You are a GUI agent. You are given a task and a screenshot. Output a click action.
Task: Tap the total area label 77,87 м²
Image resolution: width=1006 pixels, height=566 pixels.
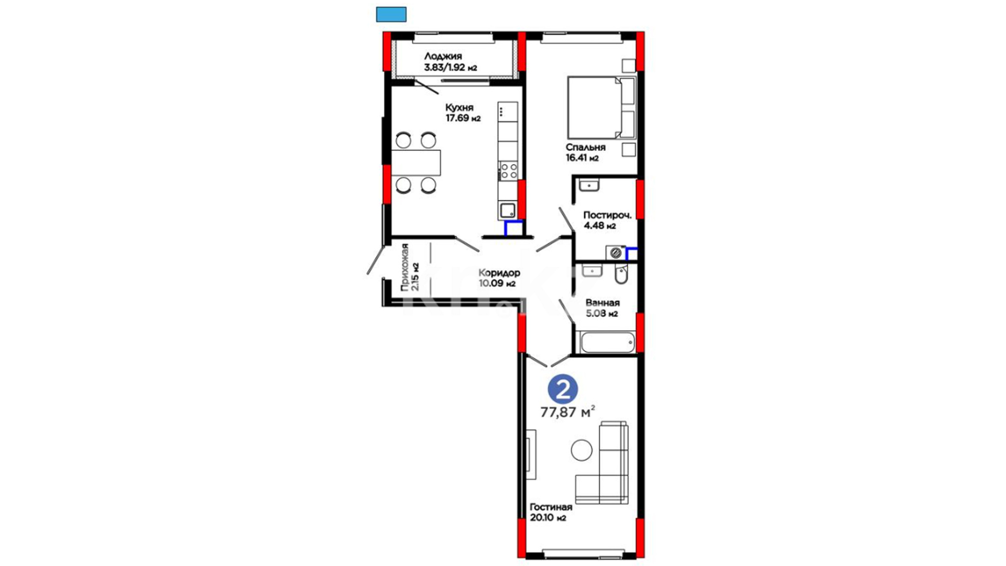coord(567,412)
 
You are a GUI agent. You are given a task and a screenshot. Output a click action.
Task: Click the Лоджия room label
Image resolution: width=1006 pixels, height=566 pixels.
coord(443,56)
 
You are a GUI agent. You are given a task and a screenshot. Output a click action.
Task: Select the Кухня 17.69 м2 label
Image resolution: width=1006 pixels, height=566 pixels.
coord(463,113)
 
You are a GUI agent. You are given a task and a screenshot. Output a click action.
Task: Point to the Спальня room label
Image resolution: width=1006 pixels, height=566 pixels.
coord(585,147)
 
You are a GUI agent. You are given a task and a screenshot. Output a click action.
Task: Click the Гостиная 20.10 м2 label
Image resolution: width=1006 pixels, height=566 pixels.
coord(551,513)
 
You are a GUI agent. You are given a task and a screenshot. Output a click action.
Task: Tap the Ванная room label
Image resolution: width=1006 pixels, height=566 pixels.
coord(603,302)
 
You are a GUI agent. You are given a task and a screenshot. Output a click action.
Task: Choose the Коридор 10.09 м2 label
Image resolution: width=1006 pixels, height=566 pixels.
coord(499,278)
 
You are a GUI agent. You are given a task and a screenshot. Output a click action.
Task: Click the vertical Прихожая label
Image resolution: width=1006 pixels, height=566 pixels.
coord(404,268)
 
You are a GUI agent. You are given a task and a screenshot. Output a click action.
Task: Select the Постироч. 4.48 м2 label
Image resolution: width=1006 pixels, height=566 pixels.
coord(607,220)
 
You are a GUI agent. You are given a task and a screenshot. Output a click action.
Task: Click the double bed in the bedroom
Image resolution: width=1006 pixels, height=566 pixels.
coord(602,107)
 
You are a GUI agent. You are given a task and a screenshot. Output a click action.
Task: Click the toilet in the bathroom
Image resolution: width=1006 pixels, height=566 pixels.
coord(621,274)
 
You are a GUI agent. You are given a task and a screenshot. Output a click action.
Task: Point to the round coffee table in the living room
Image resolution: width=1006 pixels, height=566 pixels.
coord(581,450)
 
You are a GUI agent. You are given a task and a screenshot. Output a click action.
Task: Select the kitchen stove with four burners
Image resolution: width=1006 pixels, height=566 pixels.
coord(508,171)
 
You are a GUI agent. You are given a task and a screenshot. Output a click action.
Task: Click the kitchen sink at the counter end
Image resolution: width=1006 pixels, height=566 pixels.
coord(508,211)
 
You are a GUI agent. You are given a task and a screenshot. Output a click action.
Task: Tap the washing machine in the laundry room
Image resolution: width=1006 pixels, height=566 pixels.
coord(616,253)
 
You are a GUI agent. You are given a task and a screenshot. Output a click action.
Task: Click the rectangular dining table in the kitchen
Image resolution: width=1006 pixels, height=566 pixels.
coord(416,163)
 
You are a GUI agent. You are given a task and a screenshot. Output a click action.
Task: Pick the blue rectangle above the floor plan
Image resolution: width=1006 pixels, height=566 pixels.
coord(391,15)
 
